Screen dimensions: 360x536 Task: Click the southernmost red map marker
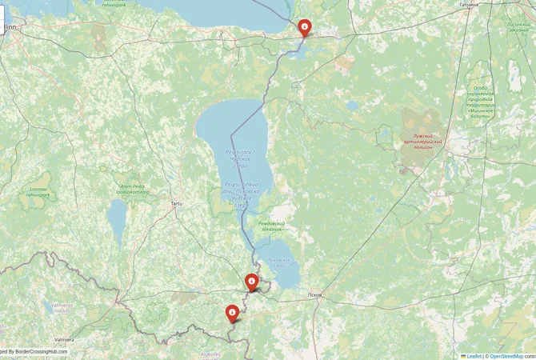[x=232, y=312]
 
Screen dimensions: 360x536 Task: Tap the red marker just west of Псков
[x=251, y=281]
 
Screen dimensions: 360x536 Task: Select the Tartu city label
[x=176, y=204]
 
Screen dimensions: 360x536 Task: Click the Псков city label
[x=314, y=295]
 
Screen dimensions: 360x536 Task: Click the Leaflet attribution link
[x=474, y=355]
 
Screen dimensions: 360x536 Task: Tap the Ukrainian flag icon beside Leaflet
[x=463, y=355]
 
